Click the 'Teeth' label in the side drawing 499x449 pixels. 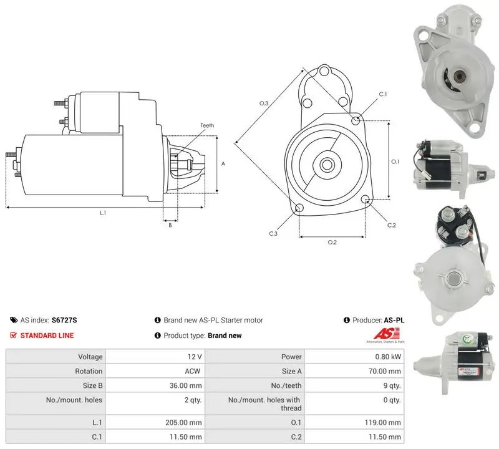click(207, 125)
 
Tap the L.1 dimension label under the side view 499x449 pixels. click(103, 213)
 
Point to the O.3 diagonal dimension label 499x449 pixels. click(263, 103)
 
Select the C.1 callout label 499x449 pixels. click(382, 94)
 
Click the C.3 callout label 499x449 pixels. click(273, 234)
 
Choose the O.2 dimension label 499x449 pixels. click(332, 243)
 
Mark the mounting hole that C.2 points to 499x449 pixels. click(366, 200)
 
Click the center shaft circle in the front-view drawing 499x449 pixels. click(326, 165)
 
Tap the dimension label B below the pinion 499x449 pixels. click(170, 225)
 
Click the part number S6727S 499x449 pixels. click(64, 320)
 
